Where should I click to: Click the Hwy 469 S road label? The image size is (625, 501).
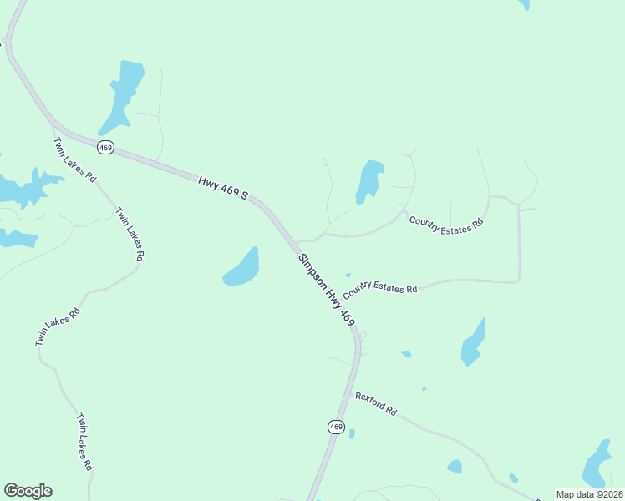point(223,188)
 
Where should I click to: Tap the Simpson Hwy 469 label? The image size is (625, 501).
point(327,290)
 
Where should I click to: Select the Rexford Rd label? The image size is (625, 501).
point(375,404)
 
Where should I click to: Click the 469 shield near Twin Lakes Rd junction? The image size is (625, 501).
point(105,148)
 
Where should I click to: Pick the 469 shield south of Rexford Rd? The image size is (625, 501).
point(335,427)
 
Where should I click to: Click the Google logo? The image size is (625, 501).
point(28,491)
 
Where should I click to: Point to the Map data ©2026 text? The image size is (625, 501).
point(590,494)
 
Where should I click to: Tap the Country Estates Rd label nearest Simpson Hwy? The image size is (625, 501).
point(379,288)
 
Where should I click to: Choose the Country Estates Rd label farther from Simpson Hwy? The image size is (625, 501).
point(445,222)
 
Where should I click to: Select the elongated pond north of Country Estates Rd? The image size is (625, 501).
point(368,180)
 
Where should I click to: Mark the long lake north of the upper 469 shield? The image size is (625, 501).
point(123,95)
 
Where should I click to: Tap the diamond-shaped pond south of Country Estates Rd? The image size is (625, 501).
point(473,342)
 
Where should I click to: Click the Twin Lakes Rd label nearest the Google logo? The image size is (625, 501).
point(84,442)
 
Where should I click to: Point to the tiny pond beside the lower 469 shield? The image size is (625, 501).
point(352,433)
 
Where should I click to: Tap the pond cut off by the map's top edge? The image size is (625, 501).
point(524,4)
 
